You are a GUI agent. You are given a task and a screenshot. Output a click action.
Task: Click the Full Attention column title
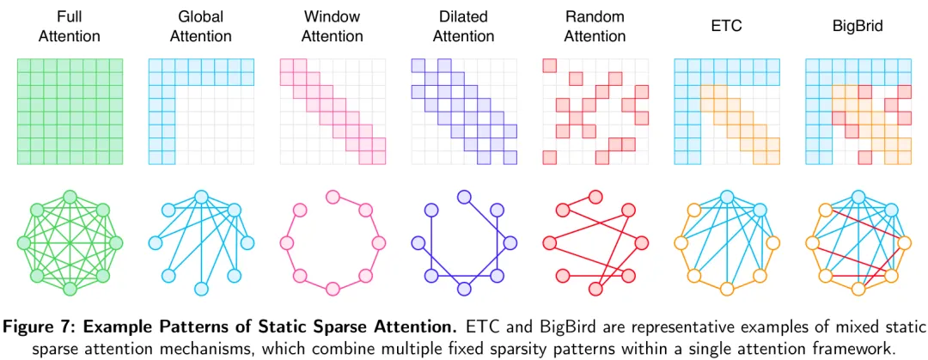click(70, 27)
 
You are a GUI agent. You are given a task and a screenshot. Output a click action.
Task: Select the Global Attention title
click(200, 27)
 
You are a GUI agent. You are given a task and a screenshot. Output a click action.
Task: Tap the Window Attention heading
click(332, 27)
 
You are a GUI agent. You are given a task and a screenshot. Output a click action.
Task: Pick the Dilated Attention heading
click(463, 27)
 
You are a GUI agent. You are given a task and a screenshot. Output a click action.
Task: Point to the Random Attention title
click(595, 27)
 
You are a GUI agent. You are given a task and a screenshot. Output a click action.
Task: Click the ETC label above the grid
click(726, 27)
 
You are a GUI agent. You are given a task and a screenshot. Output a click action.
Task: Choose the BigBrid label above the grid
click(858, 27)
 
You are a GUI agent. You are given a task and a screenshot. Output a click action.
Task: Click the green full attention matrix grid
click(70, 111)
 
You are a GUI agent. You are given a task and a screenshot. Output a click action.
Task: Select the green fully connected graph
click(70, 237)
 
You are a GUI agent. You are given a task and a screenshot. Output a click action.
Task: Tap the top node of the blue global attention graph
click(201, 197)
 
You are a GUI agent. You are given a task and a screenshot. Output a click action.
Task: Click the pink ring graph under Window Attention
click(333, 237)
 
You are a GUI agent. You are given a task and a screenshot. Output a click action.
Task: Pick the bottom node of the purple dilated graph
click(464, 287)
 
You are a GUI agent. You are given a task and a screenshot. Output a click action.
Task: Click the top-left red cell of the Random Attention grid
click(549, 65)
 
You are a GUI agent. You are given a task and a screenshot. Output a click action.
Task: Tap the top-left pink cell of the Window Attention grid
click(287, 65)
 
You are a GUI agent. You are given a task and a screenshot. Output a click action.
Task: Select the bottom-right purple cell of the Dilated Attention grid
click(510, 157)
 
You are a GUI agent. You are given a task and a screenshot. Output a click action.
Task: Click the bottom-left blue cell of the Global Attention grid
click(156, 157)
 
